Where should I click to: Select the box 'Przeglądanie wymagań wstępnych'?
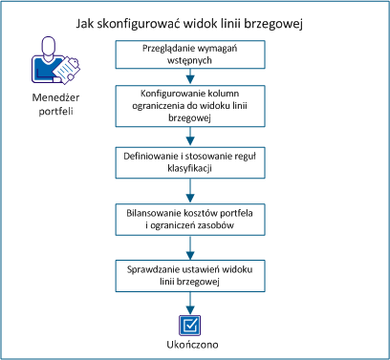pos(194,55)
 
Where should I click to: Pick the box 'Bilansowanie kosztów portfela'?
pos(194,218)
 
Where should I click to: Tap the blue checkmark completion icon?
pos(195,321)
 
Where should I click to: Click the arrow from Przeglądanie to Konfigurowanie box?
pos(194,78)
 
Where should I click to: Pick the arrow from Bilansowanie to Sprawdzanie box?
pos(194,247)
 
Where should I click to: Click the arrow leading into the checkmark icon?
pos(194,300)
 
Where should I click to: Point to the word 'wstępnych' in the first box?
pos(194,62)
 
